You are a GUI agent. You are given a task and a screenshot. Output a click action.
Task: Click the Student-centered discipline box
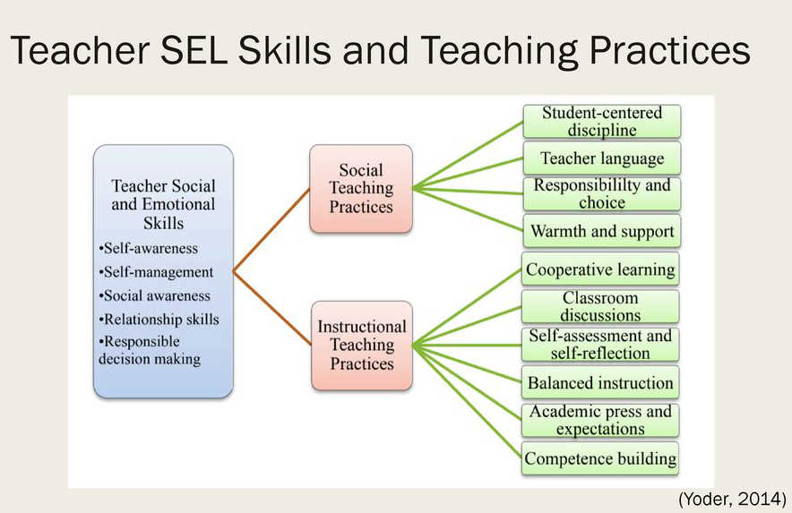601,121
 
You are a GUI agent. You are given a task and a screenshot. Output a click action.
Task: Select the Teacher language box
601,158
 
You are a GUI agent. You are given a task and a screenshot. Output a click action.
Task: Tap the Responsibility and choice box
601,194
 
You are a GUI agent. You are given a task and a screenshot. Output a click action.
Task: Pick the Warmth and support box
601,231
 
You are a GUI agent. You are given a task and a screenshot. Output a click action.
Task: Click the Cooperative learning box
600,269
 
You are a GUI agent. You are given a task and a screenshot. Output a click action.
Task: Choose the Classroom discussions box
600,306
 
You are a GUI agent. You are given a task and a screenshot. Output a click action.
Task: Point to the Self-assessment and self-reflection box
600,345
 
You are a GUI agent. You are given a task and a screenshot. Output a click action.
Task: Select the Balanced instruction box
600,382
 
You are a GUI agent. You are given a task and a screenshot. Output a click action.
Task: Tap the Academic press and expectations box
600,420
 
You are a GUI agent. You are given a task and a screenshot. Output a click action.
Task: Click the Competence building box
600,458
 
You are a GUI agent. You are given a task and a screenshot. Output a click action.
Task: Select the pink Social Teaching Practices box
361,189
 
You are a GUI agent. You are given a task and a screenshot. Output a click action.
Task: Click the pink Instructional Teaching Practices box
362,346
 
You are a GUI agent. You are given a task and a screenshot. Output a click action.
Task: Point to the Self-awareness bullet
149,248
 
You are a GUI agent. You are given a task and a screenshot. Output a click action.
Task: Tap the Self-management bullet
156,272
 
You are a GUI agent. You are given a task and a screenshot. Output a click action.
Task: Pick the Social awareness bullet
155,295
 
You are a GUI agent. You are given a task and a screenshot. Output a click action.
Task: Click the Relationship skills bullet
159,320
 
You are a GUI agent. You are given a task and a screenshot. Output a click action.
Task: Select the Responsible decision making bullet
150,350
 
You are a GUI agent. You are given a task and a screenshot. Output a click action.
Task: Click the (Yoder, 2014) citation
732,500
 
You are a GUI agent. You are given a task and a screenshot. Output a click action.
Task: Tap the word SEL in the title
194,50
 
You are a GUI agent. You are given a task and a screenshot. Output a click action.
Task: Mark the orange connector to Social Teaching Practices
271,230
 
